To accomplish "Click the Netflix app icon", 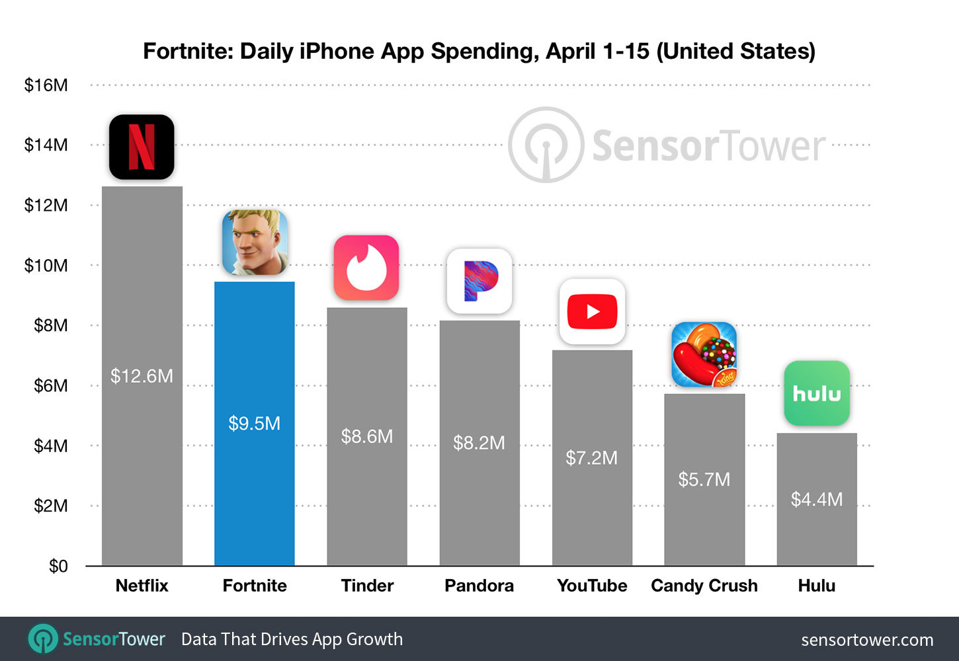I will [142, 147].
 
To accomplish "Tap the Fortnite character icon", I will [255, 243].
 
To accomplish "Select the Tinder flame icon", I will [366, 268].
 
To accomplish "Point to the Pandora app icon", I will [479, 281].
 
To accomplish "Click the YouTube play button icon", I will [592, 311].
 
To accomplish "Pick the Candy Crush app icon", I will [704, 354].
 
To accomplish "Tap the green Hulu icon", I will [817, 393].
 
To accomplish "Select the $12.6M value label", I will [142, 376].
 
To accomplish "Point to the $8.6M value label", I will [366, 436].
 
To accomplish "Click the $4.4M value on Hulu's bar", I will [817, 499].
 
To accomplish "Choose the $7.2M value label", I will [592, 457].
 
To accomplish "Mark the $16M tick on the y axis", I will [46, 85].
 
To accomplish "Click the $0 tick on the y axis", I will [58, 566].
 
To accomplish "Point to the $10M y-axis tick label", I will [46, 266].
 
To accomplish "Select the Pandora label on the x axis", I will [479, 586].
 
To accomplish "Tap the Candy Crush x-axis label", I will [704, 586].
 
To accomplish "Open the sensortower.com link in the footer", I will [867, 640].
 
